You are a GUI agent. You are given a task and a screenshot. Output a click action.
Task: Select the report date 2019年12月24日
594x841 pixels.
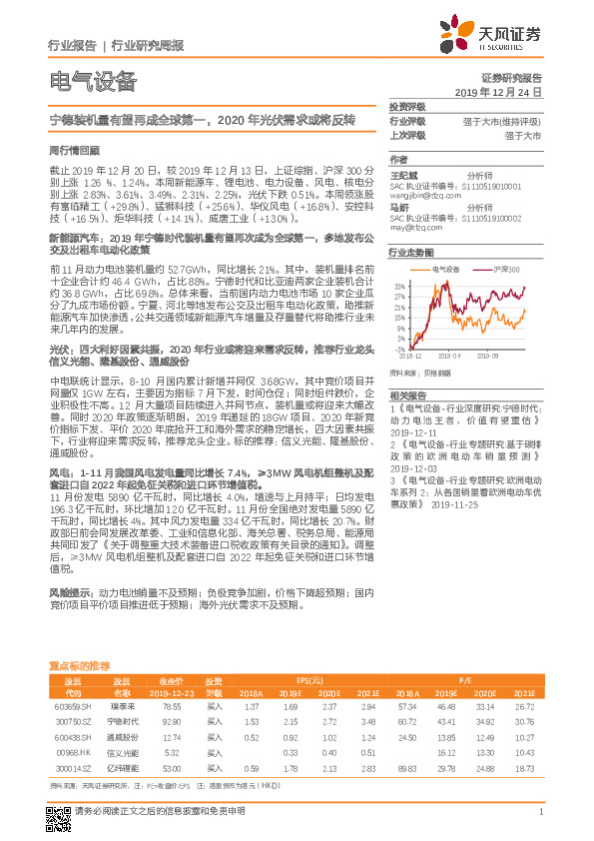(504, 91)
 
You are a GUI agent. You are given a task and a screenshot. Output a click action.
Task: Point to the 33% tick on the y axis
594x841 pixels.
(400, 286)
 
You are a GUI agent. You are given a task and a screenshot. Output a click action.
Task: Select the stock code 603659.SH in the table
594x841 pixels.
(72, 705)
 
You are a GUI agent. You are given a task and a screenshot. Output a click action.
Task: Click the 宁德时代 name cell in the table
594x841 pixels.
(122, 719)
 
